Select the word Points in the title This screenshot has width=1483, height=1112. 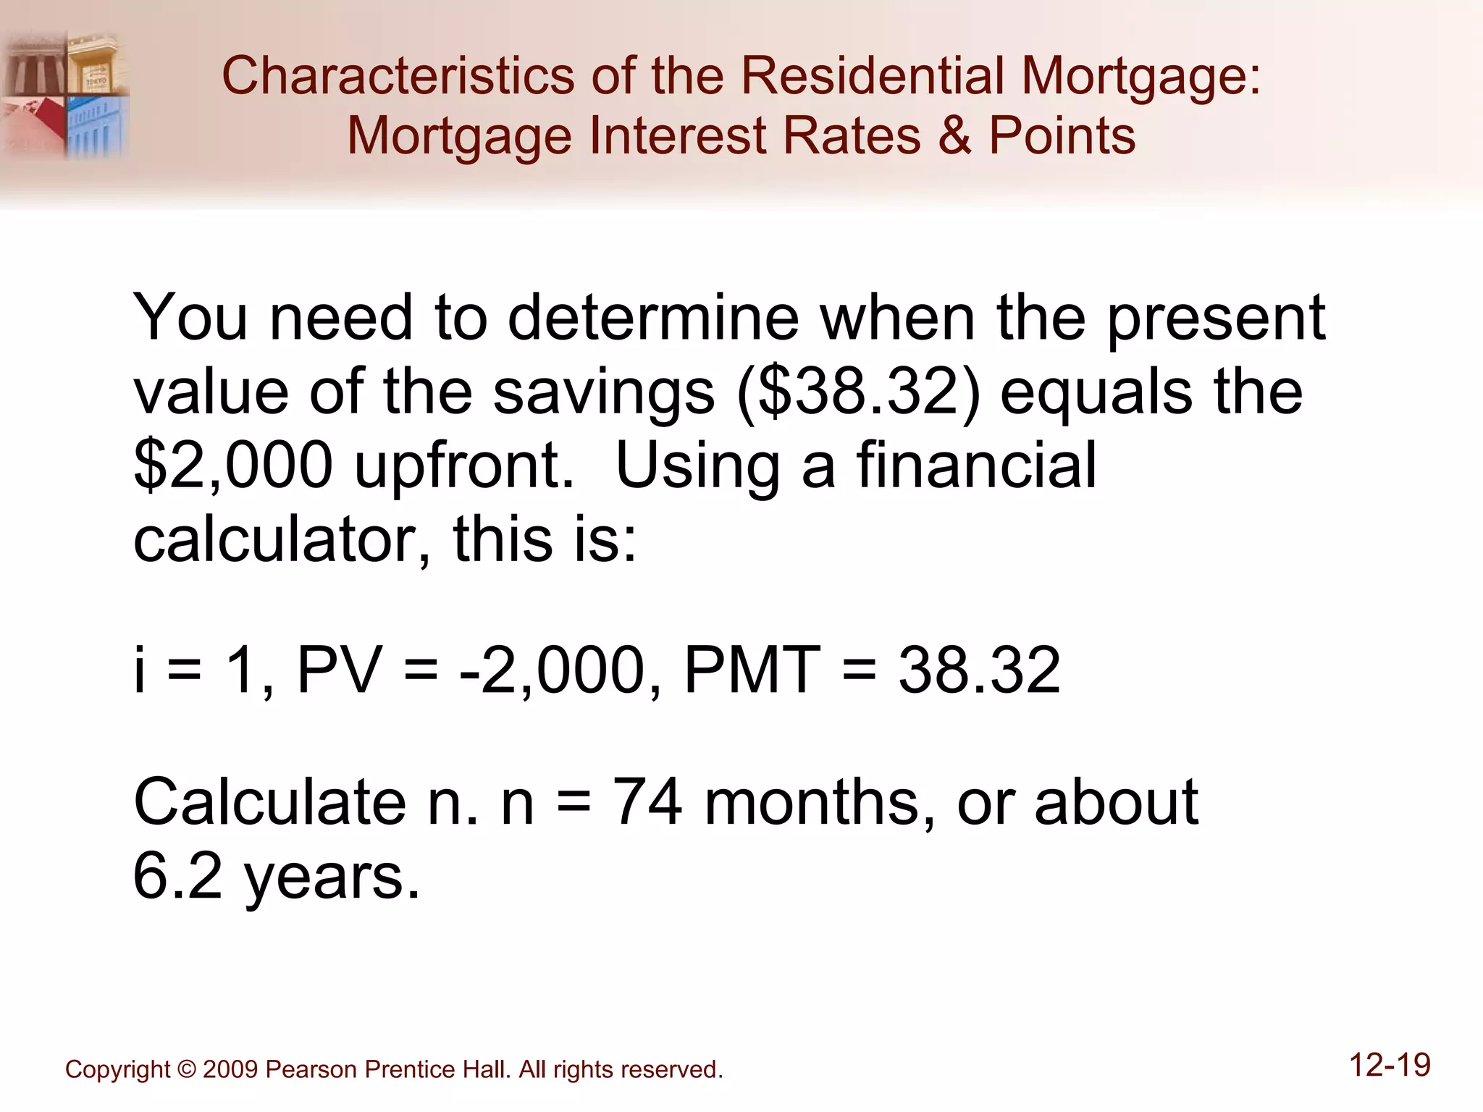click(1062, 135)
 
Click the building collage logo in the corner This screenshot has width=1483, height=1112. click(65, 94)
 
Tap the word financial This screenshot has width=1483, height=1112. click(976, 466)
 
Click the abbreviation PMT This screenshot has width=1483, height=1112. click(752, 670)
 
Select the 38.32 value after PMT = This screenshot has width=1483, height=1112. click(979, 670)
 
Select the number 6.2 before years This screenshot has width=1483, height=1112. click(177, 876)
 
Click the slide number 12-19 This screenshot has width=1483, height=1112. click(1390, 1066)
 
